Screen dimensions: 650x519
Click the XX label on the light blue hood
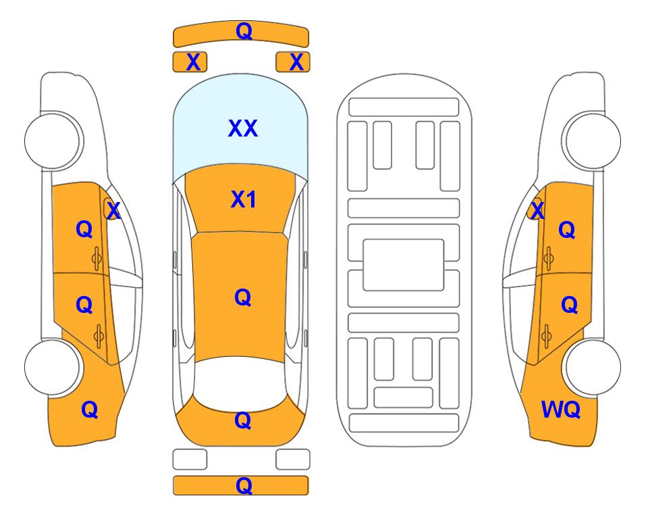pos(243,128)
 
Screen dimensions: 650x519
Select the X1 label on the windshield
pos(244,199)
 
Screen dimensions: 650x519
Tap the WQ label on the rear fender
pos(561,410)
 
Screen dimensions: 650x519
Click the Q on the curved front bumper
pos(244,31)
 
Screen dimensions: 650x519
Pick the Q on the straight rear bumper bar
pos(244,485)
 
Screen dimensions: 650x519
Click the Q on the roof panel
pos(242,297)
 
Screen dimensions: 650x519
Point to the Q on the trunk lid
pos(242,420)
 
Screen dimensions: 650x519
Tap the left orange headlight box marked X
pos(190,62)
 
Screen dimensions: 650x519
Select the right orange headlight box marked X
pos(293,62)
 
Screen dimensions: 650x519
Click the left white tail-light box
pos(190,460)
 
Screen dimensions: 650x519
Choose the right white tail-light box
pos(293,460)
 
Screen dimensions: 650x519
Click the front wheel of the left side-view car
pos(53,141)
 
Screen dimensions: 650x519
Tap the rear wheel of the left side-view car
pos(53,368)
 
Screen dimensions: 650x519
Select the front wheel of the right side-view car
pos(593,141)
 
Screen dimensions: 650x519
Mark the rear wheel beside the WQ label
pos(593,368)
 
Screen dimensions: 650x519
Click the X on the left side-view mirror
pos(113,211)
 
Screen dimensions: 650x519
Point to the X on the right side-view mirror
pos(537,210)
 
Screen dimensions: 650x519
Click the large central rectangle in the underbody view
pos(404,265)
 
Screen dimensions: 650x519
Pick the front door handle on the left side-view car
pos(97,259)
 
